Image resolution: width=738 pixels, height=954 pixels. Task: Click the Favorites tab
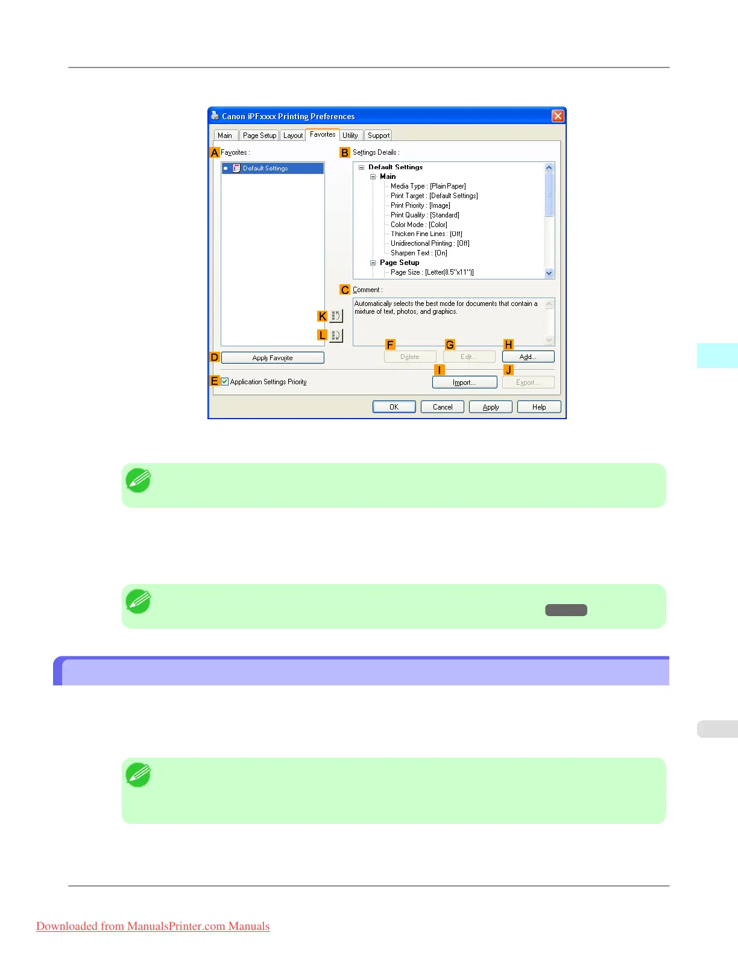coord(323,135)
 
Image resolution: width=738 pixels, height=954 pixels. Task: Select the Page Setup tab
coord(259,136)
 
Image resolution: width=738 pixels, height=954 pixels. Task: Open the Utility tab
coord(350,136)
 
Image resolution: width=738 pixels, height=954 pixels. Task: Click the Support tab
coord(379,136)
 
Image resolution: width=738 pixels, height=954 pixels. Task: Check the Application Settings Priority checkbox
coord(225,382)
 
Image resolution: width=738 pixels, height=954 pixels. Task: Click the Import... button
coord(464,382)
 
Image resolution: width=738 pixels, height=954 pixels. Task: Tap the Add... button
coord(528,357)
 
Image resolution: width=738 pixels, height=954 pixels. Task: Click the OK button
coord(394,407)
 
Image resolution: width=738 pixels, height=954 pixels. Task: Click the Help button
coord(539,407)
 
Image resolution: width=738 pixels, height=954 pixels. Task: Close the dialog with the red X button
coord(558,116)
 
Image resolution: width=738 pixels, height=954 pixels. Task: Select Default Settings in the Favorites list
coord(265,169)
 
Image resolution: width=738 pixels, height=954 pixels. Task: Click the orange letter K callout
coord(323,316)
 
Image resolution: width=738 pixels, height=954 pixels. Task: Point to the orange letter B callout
coord(345,153)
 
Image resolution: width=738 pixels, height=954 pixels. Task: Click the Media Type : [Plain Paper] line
coord(428,186)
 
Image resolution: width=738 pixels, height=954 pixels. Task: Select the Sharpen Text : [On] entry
coord(419,253)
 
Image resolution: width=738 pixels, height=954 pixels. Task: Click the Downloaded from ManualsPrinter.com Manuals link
coord(153,926)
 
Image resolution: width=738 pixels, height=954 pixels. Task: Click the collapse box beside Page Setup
coord(373,263)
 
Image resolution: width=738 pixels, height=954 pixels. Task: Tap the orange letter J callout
coord(508,370)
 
